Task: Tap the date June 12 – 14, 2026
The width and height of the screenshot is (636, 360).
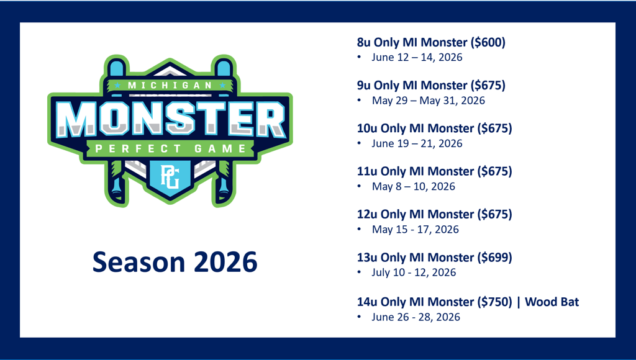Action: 417,57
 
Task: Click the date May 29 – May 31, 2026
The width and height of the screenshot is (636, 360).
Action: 429,100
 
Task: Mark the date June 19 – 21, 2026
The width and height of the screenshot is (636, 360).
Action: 417,143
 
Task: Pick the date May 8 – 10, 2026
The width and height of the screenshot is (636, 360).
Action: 413,186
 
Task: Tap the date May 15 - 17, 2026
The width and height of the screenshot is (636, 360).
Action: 416,229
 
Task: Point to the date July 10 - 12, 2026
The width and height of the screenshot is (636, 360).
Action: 414,272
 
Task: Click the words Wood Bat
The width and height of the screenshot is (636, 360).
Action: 552,302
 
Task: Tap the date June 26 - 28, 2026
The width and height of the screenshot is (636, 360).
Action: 416,317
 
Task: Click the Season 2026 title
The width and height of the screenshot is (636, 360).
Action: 175,262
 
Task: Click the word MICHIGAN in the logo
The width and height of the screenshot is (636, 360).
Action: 170,86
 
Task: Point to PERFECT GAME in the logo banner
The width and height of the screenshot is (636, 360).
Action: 170,149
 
